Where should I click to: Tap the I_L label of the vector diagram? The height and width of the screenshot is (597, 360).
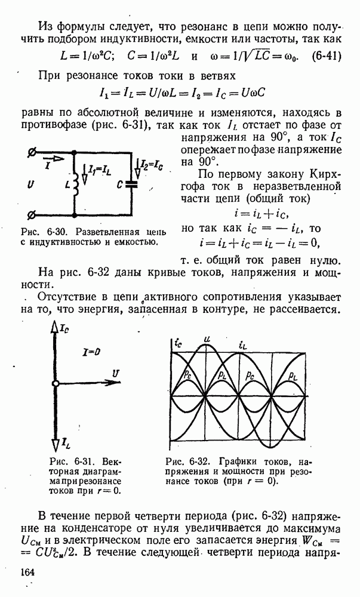pyautogui.click(x=67, y=442)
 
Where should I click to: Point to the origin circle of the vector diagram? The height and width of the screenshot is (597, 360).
pyautogui.click(x=55, y=383)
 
